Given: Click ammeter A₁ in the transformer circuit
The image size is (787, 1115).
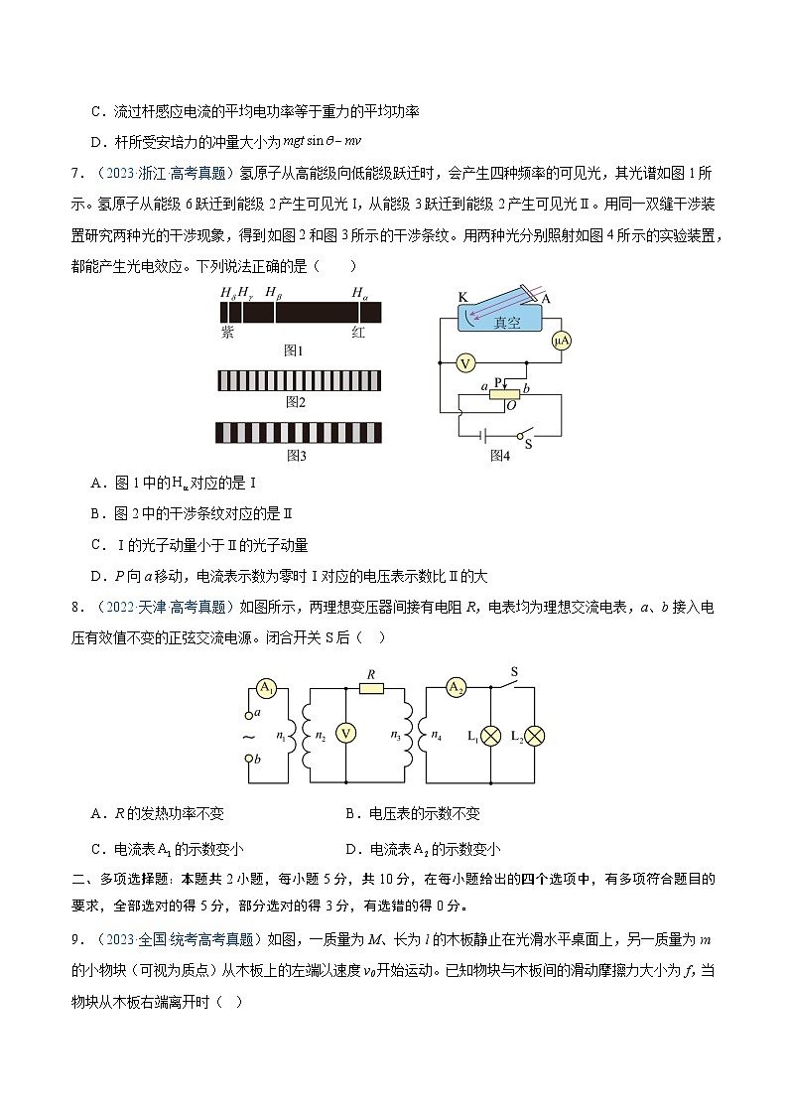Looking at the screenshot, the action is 266,687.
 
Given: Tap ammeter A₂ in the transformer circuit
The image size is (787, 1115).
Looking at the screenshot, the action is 456,687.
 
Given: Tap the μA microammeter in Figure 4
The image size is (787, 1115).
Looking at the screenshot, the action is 562,341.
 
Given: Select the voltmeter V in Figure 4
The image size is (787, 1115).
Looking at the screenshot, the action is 464,364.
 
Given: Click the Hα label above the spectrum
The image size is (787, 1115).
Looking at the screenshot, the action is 359,292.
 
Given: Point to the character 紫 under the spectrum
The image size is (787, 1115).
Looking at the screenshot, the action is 227,333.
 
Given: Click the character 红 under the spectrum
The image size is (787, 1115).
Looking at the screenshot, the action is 358,333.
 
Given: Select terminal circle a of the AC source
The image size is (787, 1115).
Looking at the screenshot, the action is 248,715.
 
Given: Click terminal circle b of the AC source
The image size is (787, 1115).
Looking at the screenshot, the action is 248,760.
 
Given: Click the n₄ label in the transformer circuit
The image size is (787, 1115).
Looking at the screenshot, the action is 439,736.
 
